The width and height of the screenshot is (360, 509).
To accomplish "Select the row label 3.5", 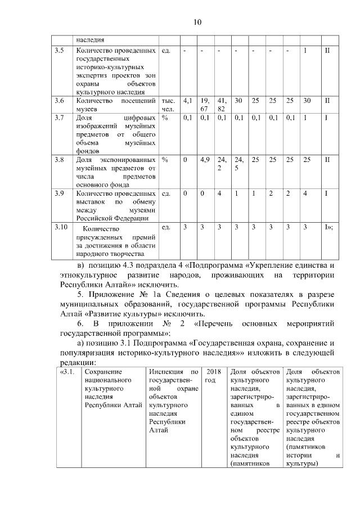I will [58, 51].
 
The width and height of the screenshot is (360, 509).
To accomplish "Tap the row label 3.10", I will [60, 228].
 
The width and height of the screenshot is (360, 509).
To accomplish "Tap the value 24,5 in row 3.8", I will [239, 164].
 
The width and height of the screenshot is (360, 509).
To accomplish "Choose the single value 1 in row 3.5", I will [305, 51].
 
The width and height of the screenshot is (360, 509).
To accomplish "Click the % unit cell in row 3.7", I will [165, 118].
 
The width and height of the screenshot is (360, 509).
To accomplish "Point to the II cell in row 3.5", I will [327, 51].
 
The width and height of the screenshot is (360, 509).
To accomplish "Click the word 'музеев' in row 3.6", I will [87, 109].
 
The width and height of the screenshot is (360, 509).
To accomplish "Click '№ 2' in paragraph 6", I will [168, 325].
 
